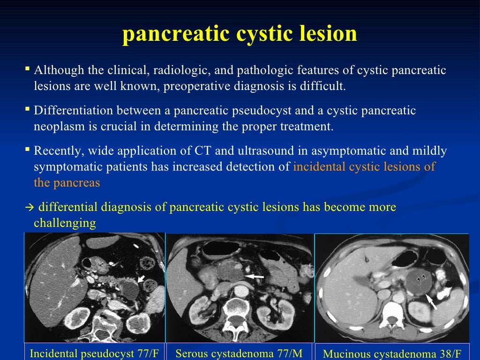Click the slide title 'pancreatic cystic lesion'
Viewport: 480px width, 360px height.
point(240,35)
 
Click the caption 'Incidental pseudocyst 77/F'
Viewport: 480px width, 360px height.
point(94,353)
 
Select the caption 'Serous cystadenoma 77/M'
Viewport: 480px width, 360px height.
point(239,353)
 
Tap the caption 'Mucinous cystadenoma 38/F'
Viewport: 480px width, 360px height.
point(392,353)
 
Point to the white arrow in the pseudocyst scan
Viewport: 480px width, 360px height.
point(141,280)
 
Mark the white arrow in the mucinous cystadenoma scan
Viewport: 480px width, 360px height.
point(432,301)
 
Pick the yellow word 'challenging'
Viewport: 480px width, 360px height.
point(65,223)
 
